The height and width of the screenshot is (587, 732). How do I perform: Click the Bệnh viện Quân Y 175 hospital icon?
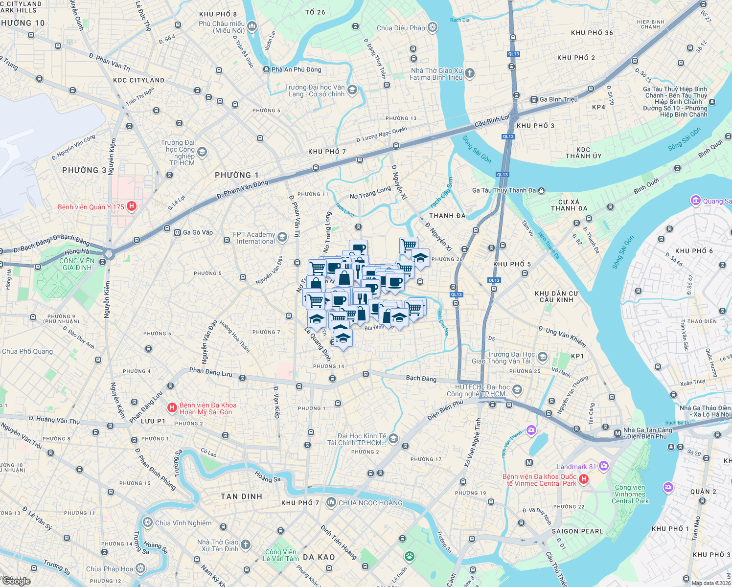click(131, 206)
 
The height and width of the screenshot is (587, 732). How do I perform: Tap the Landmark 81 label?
click(576, 467)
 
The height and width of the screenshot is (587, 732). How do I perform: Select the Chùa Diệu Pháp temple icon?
click(433, 27)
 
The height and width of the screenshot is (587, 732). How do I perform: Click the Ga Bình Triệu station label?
click(558, 99)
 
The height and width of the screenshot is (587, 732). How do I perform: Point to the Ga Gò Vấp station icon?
click(177, 232)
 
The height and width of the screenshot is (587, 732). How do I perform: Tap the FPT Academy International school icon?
click(282, 238)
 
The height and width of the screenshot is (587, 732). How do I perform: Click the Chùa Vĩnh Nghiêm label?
click(183, 523)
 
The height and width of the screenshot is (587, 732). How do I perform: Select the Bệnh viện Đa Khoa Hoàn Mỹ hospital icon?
click(172, 407)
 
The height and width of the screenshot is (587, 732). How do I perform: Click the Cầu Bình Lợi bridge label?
click(492, 120)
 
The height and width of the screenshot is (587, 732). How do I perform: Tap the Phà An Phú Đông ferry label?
click(296, 69)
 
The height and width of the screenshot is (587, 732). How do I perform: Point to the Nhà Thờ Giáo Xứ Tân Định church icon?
click(246, 544)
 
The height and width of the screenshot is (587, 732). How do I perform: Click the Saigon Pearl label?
click(577, 531)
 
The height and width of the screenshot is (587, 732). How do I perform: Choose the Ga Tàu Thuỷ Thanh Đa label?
click(503, 190)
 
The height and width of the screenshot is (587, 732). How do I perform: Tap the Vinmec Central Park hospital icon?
click(583, 479)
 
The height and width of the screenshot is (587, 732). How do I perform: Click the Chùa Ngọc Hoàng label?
click(370, 503)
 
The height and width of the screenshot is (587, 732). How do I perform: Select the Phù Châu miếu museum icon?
click(252, 26)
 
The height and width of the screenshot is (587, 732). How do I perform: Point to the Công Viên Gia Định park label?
click(77, 264)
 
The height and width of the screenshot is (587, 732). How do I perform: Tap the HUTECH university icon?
click(517, 390)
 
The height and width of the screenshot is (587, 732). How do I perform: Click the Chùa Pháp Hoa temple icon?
click(140, 568)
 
